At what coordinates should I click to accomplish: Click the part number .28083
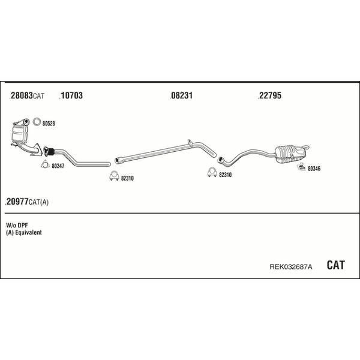21,95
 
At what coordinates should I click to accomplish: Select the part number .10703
71,95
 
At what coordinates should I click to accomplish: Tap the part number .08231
181,95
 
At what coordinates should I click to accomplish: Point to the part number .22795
269,95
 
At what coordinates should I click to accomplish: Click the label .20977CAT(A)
26,202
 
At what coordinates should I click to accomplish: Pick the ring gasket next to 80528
37,122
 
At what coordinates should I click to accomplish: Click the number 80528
49,124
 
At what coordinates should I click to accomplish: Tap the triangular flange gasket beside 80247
45,164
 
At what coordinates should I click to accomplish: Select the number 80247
58,166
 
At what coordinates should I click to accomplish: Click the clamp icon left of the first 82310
114,176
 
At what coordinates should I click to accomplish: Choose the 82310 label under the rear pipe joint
225,175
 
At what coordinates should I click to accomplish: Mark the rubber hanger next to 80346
301,167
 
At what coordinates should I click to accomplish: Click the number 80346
314,169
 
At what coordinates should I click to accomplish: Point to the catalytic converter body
20,134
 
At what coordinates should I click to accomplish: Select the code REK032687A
290,266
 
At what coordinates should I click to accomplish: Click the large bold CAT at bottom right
335,265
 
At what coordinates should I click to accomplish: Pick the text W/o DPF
17,225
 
